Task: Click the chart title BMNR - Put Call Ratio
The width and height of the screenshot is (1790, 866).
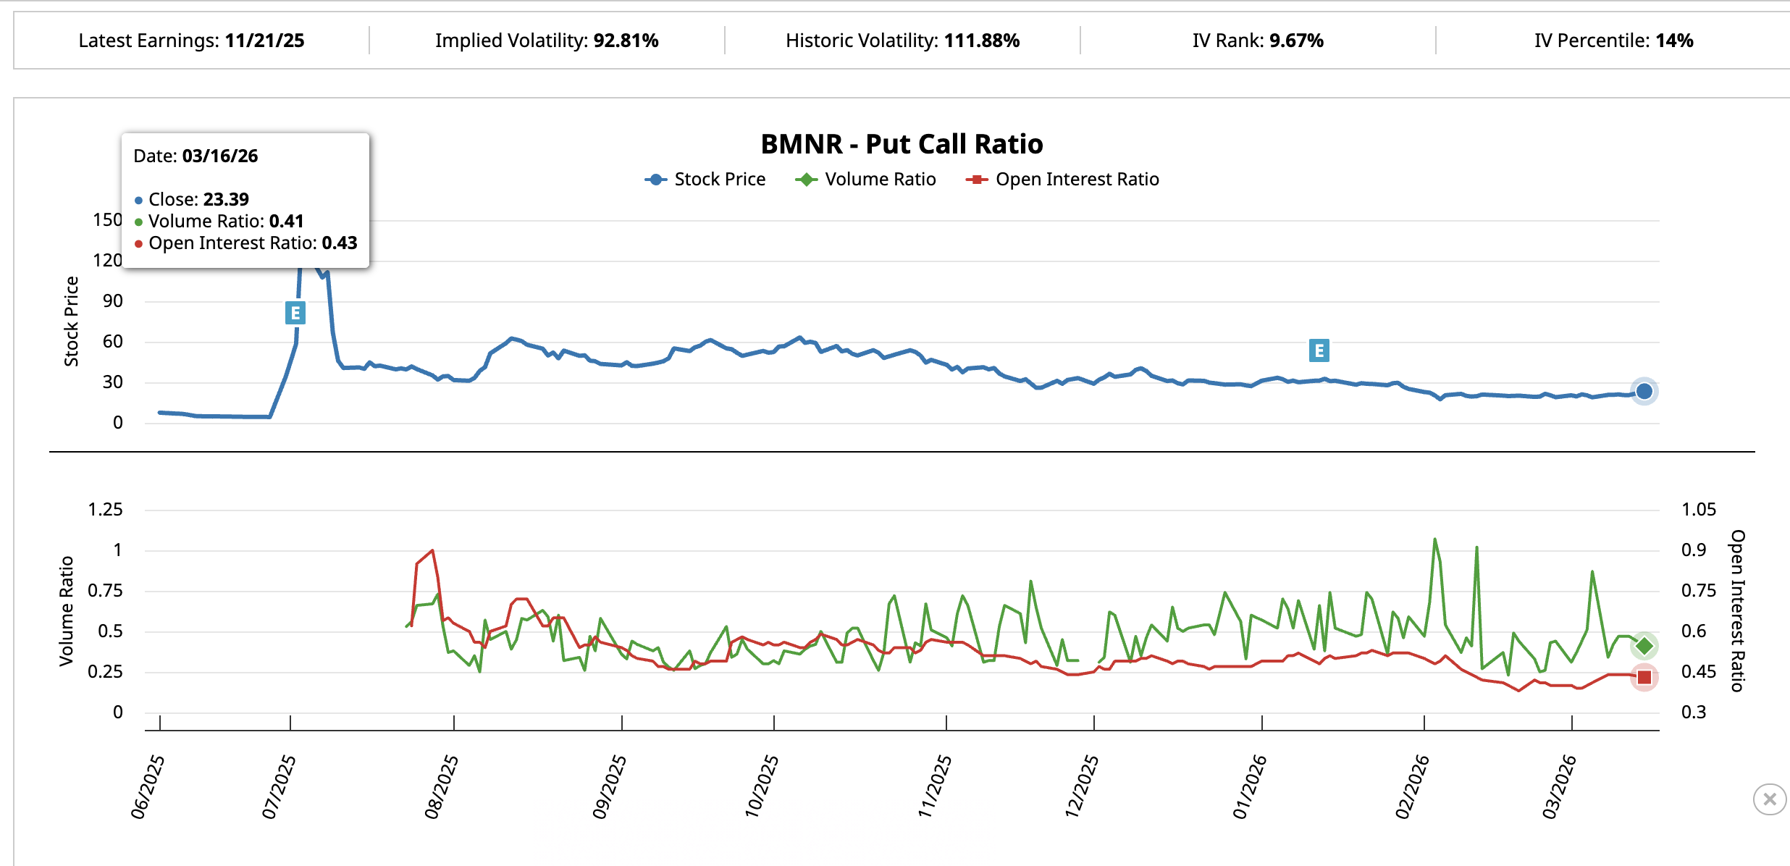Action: click(902, 144)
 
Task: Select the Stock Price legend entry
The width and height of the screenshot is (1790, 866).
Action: click(705, 180)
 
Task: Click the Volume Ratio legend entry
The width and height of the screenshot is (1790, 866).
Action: click(866, 180)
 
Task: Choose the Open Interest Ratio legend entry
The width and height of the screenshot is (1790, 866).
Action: click(1062, 180)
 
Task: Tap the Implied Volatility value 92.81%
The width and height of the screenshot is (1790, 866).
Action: click(626, 41)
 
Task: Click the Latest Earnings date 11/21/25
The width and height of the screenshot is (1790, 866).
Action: click(264, 41)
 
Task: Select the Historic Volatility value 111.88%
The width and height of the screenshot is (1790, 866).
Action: click(981, 41)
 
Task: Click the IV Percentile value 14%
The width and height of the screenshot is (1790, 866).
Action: click(1674, 41)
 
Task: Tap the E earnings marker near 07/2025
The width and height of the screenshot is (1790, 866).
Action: click(295, 313)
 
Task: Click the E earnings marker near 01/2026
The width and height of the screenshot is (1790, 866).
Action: click(1319, 350)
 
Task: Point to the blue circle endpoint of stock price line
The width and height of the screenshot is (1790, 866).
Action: click(1644, 391)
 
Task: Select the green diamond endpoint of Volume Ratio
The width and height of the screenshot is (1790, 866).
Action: click(1644, 646)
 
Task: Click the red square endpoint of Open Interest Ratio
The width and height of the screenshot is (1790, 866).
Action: click(1644, 677)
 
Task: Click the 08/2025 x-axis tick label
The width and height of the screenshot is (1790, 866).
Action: click(441, 786)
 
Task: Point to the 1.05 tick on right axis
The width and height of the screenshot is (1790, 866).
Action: click(1698, 510)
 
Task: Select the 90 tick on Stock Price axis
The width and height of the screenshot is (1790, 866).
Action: click(113, 301)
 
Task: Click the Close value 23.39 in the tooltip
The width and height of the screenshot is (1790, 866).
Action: click(226, 199)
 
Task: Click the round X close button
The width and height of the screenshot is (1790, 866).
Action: click(1769, 799)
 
